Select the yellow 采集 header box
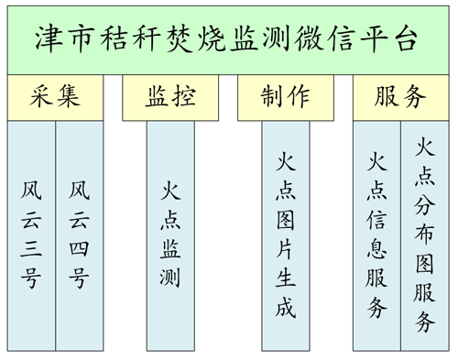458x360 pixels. click(55, 97)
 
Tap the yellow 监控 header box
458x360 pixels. click(170, 97)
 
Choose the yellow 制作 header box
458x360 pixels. click(285, 97)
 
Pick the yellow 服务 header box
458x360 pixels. click(401, 97)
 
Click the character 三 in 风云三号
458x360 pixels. click(31, 249)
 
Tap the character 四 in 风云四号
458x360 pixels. click(79, 249)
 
